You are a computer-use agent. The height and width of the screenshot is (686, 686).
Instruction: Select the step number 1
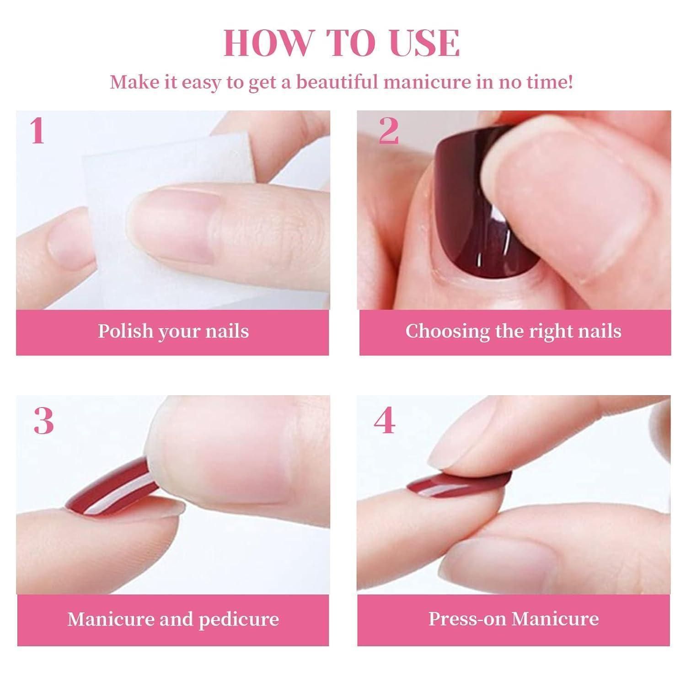pyautogui.click(x=37, y=131)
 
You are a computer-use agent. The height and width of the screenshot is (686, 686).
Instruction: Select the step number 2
pyautogui.click(x=389, y=131)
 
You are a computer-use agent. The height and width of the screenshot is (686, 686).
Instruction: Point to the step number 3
pyautogui.click(x=44, y=421)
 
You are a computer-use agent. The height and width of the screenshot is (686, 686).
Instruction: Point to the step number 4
pyautogui.click(x=384, y=421)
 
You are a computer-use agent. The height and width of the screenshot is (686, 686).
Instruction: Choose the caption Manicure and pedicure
pyautogui.click(x=173, y=619)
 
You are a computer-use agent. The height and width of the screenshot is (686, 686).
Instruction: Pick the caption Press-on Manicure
pyautogui.click(x=514, y=619)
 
